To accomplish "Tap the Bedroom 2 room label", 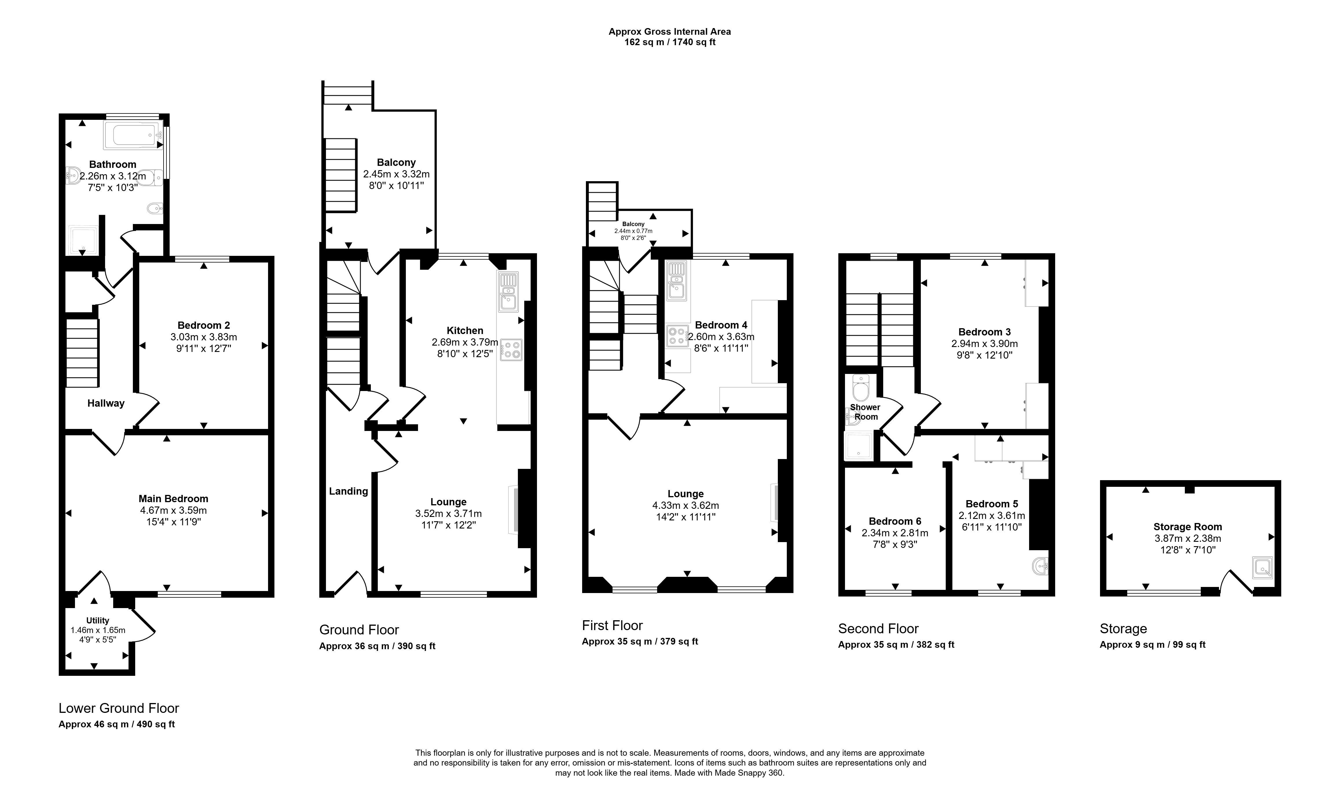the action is tap(204, 325).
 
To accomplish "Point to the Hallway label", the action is tap(106, 403).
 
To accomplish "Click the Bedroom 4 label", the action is tap(721, 325).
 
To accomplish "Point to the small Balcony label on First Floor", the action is tap(633, 224).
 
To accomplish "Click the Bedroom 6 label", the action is tap(895, 521).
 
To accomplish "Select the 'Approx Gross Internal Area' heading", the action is tap(670, 32).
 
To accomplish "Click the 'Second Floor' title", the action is tap(878, 629).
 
